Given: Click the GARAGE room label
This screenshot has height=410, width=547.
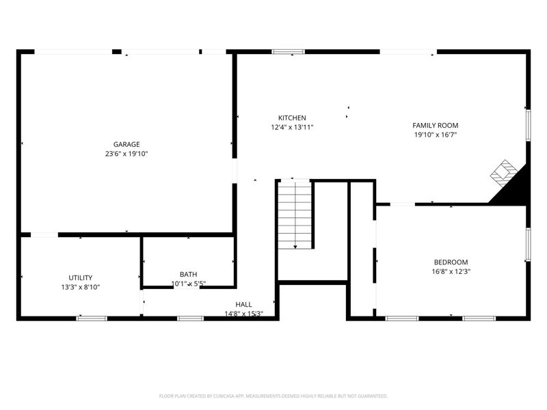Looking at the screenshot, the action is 126,144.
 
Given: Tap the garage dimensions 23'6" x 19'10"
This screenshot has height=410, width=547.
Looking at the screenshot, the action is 126,154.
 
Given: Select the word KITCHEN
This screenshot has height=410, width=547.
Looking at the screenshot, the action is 292,118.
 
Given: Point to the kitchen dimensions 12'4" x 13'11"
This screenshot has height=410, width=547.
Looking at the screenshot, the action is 292,127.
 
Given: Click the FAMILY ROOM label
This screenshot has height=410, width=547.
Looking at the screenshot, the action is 436,126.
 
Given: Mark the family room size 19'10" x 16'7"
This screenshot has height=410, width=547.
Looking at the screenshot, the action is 436,135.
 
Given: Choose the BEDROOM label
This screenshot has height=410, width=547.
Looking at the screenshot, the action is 451,262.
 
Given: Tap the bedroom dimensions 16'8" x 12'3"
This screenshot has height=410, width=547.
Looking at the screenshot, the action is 451,271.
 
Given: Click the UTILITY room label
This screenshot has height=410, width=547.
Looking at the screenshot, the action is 80,278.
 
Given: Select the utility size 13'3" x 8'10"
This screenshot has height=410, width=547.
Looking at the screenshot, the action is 80,287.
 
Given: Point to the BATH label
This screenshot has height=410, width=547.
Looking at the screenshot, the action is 188,275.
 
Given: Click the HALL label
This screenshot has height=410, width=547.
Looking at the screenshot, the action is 243,304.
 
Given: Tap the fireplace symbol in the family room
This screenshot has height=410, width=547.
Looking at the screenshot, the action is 503,173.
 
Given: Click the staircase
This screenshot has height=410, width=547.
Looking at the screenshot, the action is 295,215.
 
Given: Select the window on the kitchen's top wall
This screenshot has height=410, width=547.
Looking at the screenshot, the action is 288,52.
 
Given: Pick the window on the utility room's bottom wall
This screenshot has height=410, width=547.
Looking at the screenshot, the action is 92,318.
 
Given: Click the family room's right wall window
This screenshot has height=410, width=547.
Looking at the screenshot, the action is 528,125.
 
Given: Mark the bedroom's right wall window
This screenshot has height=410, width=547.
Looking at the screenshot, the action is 528,244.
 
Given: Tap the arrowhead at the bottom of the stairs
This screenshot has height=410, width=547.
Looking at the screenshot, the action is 295,247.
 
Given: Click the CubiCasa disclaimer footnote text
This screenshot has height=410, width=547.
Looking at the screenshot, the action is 273,396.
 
